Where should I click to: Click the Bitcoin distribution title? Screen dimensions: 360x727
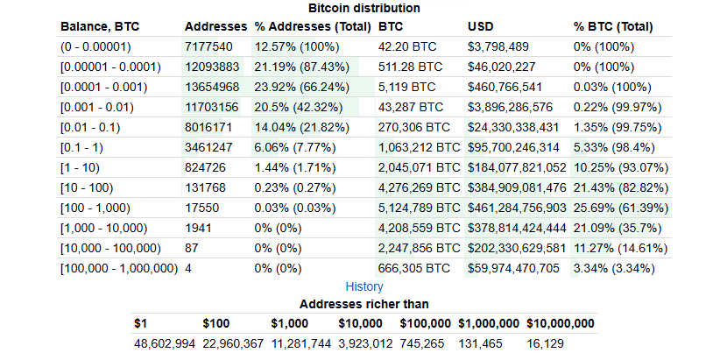[x=363, y=8]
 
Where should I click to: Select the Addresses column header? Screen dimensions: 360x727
[x=215, y=27]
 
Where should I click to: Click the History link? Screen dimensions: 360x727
[x=363, y=286]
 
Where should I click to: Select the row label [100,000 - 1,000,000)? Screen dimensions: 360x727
[x=119, y=268]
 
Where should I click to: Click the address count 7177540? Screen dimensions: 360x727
[x=208, y=46]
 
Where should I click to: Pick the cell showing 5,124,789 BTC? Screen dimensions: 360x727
[x=419, y=208]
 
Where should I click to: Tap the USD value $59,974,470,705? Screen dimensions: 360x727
[x=517, y=268]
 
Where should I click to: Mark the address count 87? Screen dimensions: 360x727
[x=192, y=248]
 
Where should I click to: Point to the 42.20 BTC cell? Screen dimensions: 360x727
[x=407, y=46]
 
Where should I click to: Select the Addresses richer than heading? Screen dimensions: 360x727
[x=363, y=304]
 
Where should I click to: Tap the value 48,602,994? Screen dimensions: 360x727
[x=164, y=342]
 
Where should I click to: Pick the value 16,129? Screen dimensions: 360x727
[x=545, y=342]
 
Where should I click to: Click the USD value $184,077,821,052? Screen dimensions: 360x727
[x=518, y=167]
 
